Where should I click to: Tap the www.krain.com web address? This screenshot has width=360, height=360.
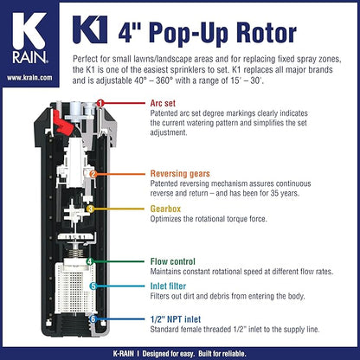click(x=29, y=78)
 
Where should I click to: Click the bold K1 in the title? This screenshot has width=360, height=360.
click(x=90, y=29)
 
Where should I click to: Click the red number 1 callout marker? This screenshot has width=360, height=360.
click(x=100, y=103)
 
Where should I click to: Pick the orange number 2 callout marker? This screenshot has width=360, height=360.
click(x=93, y=174)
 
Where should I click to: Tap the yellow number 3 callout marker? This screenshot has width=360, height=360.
click(x=90, y=209)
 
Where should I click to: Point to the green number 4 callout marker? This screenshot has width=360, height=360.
click(x=90, y=261)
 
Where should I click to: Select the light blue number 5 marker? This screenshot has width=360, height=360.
click(x=93, y=286)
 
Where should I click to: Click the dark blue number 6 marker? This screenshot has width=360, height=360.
click(x=93, y=319)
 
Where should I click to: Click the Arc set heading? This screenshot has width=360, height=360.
click(x=163, y=103)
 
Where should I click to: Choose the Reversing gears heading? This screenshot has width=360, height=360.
click(x=180, y=174)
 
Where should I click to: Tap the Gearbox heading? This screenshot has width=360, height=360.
click(x=165, y=209)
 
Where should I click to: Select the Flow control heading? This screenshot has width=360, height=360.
click(x=173, y=261)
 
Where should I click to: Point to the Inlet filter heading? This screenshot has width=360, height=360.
click(x=168, y=286)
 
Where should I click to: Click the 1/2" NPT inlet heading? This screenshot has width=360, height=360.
click(x=176, y=319)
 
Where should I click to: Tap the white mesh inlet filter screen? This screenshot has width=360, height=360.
click(x=74, y=288)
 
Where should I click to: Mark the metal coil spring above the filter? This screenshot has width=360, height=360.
click(x=76, y=253)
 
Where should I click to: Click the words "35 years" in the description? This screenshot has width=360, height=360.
click(x=284, y=193)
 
